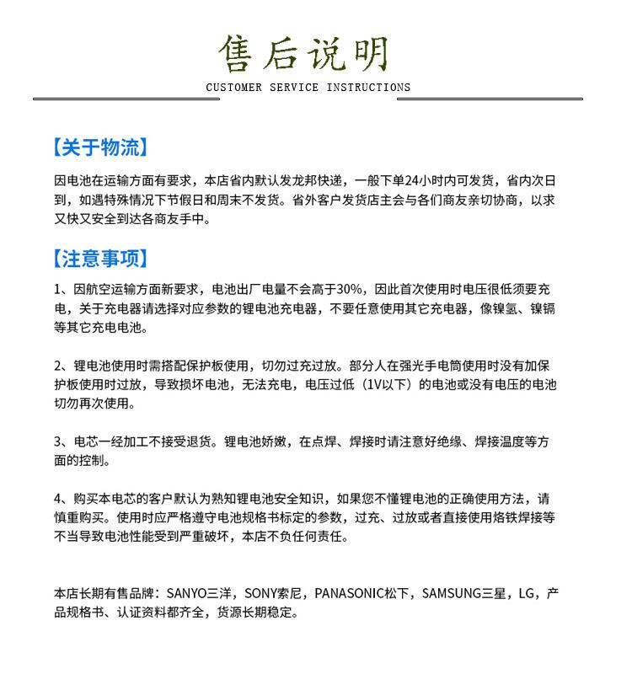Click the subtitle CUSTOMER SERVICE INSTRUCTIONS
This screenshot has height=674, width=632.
[308, 88]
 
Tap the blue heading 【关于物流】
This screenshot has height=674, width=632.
[100, 148]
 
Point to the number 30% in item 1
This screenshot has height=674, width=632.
[348, 289]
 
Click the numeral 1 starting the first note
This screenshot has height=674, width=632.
[58, 289]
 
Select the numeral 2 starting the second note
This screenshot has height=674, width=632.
[58, 365]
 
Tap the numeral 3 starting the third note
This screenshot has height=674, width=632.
[58, 441]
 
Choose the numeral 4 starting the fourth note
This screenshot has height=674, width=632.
[58, 498]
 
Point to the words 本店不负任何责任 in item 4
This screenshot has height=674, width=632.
[295, 536]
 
